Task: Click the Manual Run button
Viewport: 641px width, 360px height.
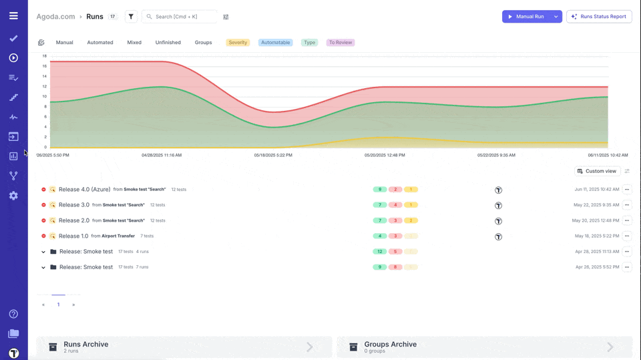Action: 525,17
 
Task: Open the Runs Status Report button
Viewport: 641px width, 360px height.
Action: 599,17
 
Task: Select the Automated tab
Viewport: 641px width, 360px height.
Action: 100,43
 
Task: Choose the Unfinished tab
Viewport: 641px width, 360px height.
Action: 168,43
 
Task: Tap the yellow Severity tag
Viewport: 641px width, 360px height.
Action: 238,43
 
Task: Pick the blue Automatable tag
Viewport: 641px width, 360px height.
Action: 275,43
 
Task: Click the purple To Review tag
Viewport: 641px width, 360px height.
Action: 340,43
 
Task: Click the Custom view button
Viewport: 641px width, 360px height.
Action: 597,171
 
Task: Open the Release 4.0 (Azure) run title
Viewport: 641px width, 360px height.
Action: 84,190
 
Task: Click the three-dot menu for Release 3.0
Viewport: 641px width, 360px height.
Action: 626,205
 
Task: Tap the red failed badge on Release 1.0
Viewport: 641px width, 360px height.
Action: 395,236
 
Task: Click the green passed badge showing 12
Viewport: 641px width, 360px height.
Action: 380,252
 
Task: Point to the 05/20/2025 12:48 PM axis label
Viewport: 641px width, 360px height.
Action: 385,155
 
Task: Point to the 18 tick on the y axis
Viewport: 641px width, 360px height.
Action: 45,56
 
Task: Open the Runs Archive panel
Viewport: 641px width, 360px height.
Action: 184,347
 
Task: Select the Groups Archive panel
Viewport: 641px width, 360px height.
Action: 484,347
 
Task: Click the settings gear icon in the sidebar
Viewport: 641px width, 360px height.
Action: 13,196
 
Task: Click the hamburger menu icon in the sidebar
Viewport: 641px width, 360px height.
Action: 13,16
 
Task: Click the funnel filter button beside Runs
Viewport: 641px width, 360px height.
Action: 131,17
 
